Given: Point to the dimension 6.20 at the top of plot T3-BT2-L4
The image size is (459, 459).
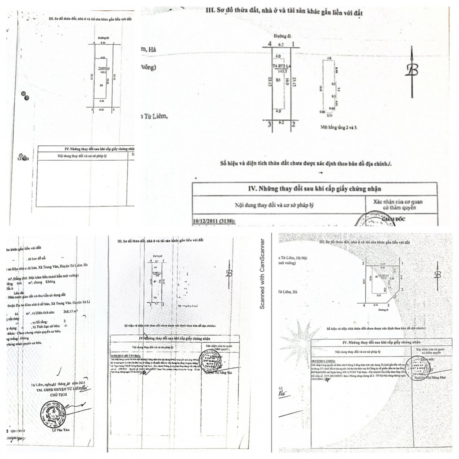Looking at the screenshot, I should point(103,43).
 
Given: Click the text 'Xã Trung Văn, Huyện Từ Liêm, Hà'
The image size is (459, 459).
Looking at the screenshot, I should point(61,264).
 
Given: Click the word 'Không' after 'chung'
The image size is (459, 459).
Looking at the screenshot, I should point(49,282).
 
